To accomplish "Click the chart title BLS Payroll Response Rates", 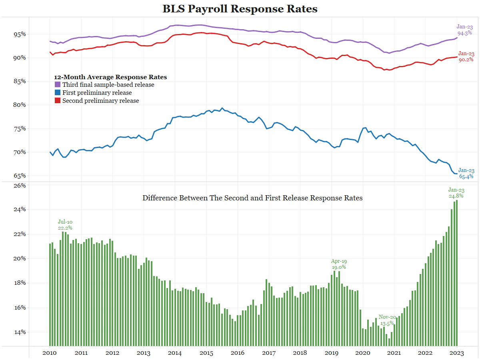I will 240,9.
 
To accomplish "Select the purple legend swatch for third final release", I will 57,85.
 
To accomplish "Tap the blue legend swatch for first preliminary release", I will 57,93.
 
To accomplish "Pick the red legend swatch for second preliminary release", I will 57,101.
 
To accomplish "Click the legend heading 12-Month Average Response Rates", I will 110,77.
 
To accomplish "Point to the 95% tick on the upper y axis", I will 19,34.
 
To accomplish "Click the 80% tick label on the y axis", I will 19,105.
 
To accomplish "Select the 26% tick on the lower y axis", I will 19,186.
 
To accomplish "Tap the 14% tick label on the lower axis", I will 19,332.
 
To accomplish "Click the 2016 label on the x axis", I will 237,353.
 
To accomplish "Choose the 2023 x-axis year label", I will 457,353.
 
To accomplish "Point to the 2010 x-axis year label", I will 49,353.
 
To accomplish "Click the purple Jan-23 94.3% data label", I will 465,30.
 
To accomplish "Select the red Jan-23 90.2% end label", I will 466,57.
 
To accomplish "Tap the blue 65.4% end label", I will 466,173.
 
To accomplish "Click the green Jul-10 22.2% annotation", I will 65,225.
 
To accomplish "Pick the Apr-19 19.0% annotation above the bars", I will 339,264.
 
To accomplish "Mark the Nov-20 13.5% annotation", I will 387,320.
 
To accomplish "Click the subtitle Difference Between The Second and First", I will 252,198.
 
